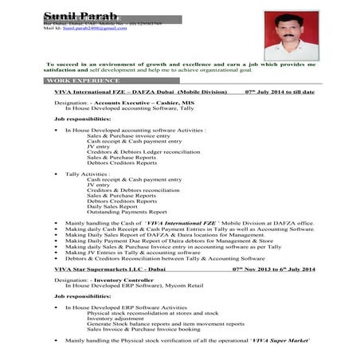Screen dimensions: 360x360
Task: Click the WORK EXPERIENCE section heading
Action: pyautogui.click(x=83, y=81)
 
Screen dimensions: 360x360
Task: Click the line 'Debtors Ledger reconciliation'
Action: pyautogui.click(x=143, y=151)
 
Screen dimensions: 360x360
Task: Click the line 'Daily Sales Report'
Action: pyautogui.click(x=115, y=206)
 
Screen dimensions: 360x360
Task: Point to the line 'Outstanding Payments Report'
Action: pyautogui.click(x=127, y=212)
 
